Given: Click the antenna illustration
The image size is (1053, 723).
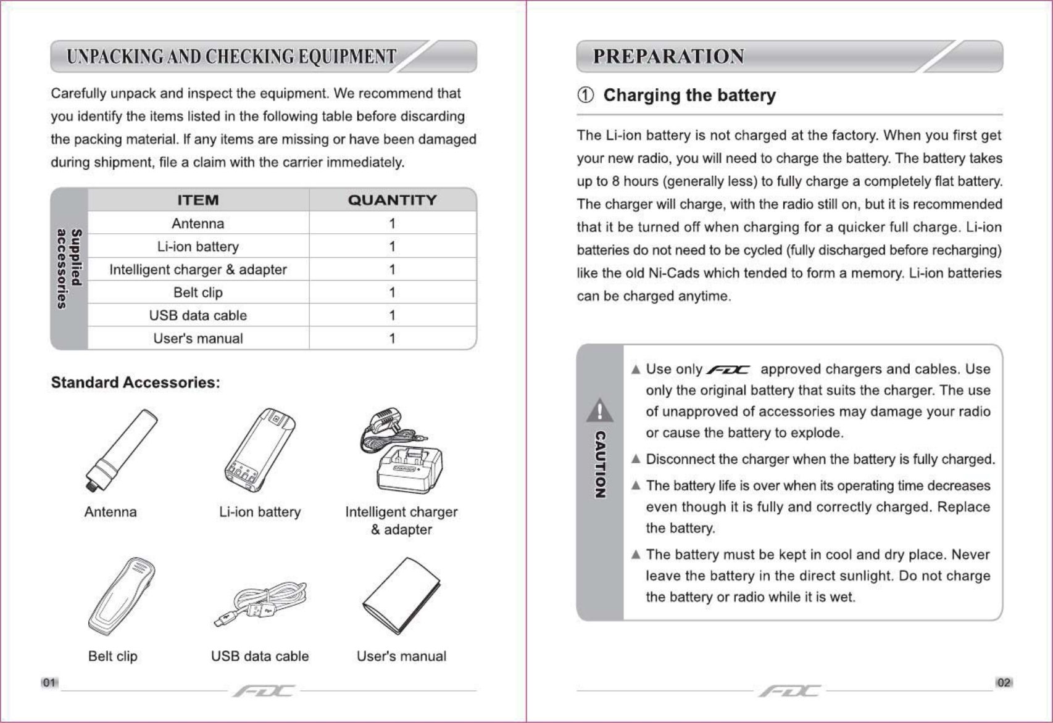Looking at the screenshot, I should coord(121,450).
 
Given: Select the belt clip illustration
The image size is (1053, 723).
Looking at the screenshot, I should coord(122,596).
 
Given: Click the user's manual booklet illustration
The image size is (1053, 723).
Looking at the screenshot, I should coord(402,596).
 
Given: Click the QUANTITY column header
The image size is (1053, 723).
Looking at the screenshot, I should coord(392,200).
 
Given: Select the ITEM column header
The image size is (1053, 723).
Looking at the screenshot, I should coord(198,200).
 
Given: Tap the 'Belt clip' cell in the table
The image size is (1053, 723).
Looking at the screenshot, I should coord(198,292).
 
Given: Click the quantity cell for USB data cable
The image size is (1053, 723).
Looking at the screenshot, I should coord(392,315).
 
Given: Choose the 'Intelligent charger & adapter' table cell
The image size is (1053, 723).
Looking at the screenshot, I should coord(198,270).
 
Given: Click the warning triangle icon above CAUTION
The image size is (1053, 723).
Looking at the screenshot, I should coord(599,411).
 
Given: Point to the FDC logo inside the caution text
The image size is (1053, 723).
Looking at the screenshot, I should coord(728,370).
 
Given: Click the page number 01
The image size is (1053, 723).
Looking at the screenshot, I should coord(49,682).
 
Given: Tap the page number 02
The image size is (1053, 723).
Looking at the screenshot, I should coord(1004,682).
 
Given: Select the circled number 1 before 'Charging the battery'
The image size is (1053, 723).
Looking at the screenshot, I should coord(585,95).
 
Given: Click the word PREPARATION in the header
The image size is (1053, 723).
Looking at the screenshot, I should coord(668,57).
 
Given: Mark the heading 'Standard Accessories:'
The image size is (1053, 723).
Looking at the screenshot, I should coord(135,382).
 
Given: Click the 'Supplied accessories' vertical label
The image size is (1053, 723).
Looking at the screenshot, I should coord(69,268).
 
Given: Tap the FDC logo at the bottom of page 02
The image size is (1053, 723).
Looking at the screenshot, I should coord(789,691).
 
